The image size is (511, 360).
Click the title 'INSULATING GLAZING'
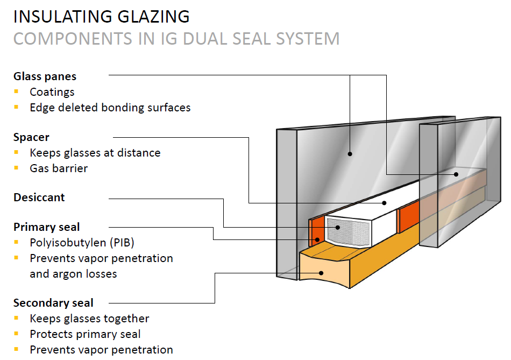pyautogui.click(x=101, y=16)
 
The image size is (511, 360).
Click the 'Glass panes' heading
pyautogui.click(x=45, y=76)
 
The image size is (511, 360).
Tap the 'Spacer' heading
pyautogui.click(x=31, y=137)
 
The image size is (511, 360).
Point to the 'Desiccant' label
pyautogui.click(x=39, y=197)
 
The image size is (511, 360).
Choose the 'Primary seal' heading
pyautogui.click(x=47, y=227)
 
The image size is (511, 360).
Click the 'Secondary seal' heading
pyautogui.click(x=53, y=302)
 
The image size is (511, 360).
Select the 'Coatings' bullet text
pyautogui.click(x=52, y=92)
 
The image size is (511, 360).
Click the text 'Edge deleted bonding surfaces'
pyautogui.click(x=110, y=108)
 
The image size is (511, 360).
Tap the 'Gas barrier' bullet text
pyautogui.click(x=59, y=168)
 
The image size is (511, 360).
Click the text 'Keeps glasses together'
pyautogui.click(x=89, y=319)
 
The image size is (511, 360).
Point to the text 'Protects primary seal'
pyautogui.click(x=85, y=334)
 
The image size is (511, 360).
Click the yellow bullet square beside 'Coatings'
pyautogui.click(x=17, y=91)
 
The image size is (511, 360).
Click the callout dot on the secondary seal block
pyautogui.click(x=322, y=272)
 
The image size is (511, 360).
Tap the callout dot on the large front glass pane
pyautogui.click(x=350, y=153)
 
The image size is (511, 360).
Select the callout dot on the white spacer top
pyautogui.click(x=385, y=203)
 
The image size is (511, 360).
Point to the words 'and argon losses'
pyautogui.click(x=73, y=273)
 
